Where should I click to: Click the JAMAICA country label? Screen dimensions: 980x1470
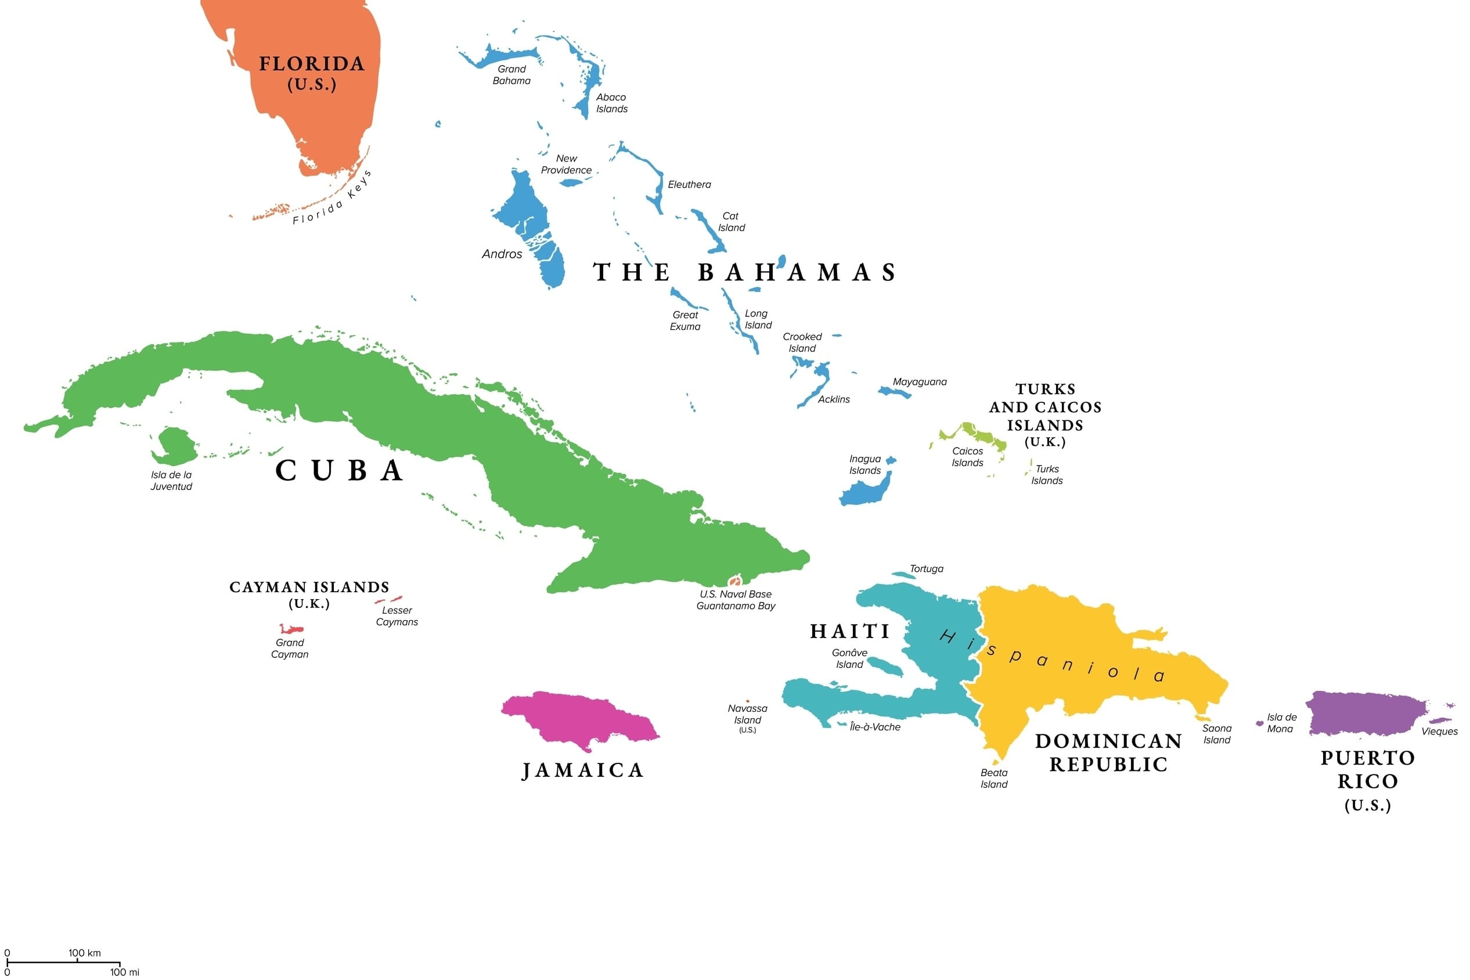pyautogui.click(x=582, y=770)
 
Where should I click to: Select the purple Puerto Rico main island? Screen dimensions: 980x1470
pyautogui.click(x=1366, y=713)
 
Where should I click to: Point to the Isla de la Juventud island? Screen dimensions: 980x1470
pyautogui.click(x=175, y=445)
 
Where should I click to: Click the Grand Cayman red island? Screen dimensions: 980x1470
pyautogui.click(x=291, y=629)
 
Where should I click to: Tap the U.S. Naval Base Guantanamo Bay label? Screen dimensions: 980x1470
pyautogui.click(x=736, y=600)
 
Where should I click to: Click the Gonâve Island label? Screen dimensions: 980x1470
pyautogui.click(x=849, y=659)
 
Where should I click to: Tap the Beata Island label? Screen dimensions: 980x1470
pyautogui.click(x=994, y=779)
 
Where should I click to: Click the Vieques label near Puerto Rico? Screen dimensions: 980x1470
pyautogui.click(x=1439, y=732)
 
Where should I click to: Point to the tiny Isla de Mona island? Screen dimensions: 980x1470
pyautogui.click(x=1259, y=724)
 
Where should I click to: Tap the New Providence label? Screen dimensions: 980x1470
pyautogui.click(x=566, y=164)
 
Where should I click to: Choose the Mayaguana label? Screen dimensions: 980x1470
pyautogui.click(x=920, y=382)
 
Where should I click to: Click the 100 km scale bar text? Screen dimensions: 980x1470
pyautogui.click(x=84, y=953)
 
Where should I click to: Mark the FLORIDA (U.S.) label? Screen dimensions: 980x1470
pyautogui.click(x=312, y=73)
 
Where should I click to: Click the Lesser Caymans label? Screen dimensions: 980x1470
pyautogui.click(x=397, y=616)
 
